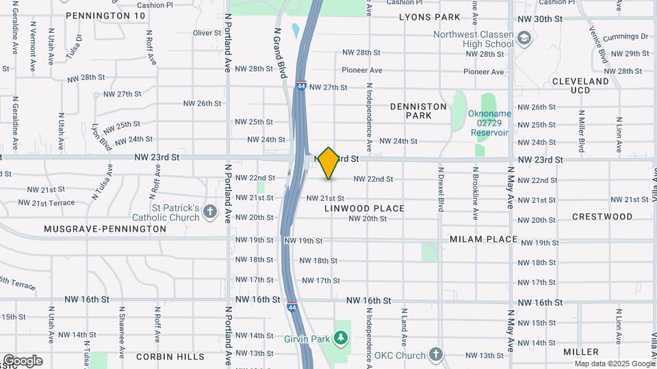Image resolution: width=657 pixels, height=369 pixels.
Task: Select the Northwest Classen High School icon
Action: click(x=524, y=39)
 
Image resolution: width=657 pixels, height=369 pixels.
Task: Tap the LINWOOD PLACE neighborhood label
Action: click(x=365, y=208)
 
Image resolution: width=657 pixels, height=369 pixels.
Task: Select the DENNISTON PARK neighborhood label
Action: click(x=418, y=111)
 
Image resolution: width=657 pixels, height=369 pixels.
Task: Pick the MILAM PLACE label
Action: click(x=483, y=239)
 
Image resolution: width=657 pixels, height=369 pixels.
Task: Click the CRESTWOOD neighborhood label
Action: click(x=602, y=217)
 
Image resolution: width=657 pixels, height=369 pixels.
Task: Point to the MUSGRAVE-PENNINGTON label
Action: click(x=105, y=229)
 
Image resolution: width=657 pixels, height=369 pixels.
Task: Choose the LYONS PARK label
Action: click(x=429, y=17)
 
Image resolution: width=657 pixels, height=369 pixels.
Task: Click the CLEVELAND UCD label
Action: click(x=580, y=85)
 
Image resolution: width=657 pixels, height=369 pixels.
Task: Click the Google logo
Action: click(x=23, y=361)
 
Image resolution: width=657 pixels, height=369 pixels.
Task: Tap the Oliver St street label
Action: click(x=207, y=33)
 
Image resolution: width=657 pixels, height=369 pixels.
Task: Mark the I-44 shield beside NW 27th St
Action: click(x=301, y=87)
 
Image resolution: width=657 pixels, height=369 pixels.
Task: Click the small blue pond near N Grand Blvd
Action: click(x=295, y=31)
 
